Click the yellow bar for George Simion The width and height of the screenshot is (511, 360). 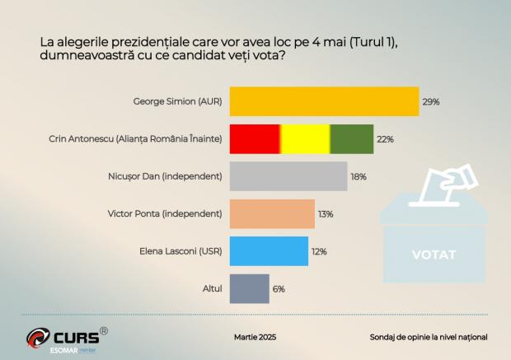tap(324, 102)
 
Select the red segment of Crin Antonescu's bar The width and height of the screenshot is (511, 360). tap(254, 139)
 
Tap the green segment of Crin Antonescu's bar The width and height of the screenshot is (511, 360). tap(351, 139)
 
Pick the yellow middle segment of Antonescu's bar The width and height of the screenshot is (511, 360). tap(305, 139)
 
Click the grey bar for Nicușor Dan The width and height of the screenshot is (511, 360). tap(288, 176)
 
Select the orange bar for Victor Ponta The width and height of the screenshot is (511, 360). tap(271, 213)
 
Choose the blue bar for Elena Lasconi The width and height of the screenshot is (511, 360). tap(268, 251)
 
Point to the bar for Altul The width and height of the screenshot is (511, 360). tap(248, 288)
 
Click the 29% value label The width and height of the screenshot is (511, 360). tap(431, 102)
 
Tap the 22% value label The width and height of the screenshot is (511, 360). tap(385, 139)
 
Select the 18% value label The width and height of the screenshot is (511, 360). tap(358, 176)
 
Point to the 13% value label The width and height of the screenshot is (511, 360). tap(326, 214)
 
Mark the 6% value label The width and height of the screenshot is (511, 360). tap(279, 289)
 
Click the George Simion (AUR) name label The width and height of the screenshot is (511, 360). tap(177, 102)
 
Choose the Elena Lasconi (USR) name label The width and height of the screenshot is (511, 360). tap(183, 251)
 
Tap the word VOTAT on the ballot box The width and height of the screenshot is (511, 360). tap(433, 255)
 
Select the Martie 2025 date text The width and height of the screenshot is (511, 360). tap(255, 337)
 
